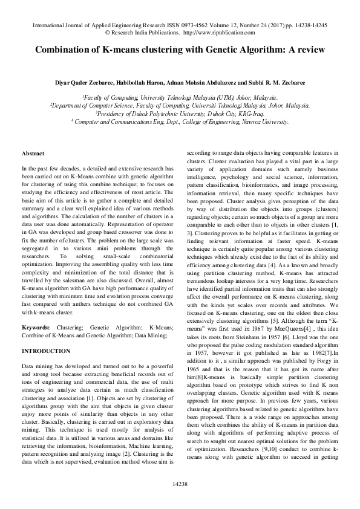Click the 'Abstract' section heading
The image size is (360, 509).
[33, 154]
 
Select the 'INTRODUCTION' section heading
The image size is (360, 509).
[46, 351]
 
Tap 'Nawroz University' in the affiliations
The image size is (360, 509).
[251, 121]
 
